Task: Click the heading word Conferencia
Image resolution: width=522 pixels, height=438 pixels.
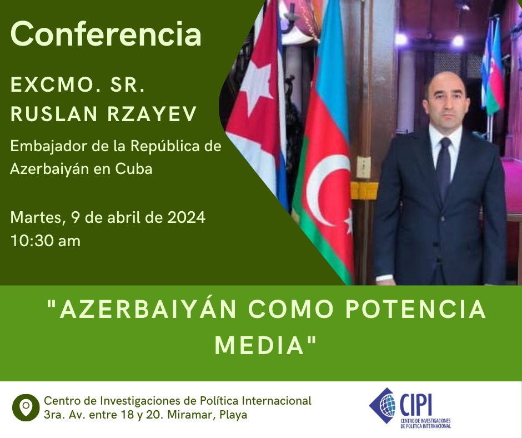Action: (106, 34)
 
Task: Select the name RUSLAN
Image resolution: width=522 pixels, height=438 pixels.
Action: (54, 113)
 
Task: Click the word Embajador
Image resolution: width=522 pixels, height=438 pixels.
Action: (49, 147)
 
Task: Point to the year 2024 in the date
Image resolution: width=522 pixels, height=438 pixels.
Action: (186, 218)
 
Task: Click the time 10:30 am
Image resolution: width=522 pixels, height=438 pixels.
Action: (46, 241)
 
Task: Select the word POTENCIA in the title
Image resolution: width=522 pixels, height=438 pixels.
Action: (415, 310)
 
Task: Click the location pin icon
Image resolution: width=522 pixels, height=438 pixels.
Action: (26, 407)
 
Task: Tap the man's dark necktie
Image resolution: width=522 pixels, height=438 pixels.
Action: (444, 167)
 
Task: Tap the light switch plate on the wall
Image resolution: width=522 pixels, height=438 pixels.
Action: (364, 167)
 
